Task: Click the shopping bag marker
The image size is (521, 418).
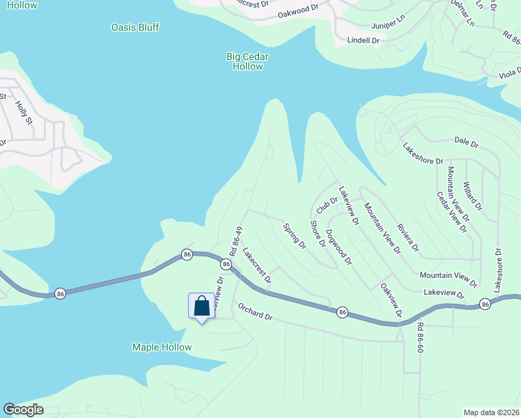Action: coord(201,306)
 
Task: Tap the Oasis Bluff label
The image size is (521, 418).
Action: coord(135,27)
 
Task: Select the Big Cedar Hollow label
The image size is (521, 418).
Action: coord(247,61)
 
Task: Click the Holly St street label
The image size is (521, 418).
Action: coord(24,111)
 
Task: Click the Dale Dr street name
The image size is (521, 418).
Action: coord(466,144)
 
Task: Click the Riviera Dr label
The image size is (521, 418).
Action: coord(408,238)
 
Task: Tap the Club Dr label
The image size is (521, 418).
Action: coord(326,205)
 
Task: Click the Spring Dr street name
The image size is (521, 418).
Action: coord(295,235)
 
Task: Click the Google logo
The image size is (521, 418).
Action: coord(23,410)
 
